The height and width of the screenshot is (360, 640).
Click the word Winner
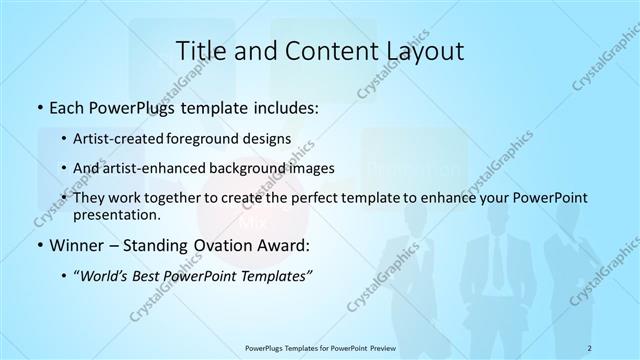coord(78,245)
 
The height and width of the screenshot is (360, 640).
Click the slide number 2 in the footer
coord(591,346)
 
